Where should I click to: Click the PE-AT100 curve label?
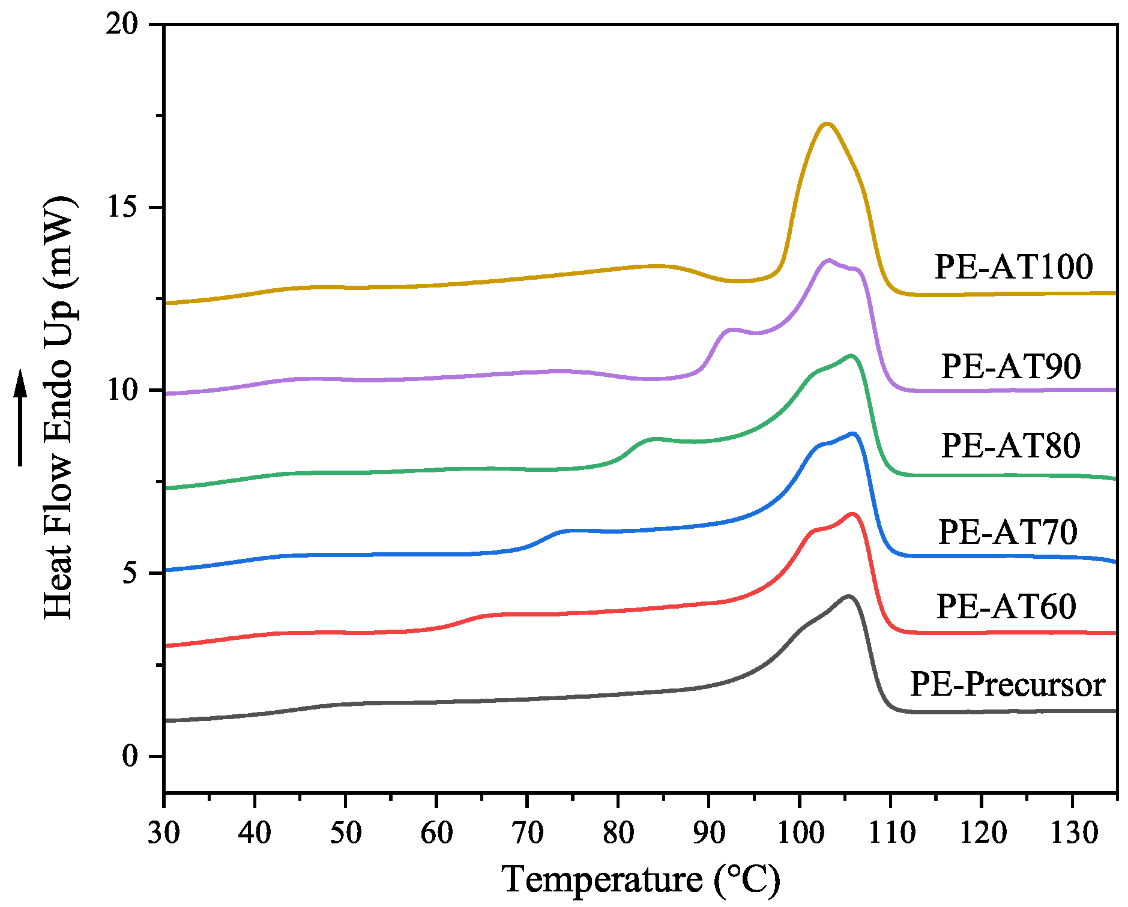(1013, 267)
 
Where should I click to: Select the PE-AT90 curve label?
(1011, 366)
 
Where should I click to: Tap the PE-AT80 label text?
(1010, 445)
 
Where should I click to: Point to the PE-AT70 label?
(1007, 532)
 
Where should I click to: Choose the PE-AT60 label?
(1006, 606)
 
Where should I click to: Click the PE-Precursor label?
(1007, 684)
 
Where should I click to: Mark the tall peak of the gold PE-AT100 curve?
(827, 124)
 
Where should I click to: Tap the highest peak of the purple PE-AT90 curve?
(829, 261)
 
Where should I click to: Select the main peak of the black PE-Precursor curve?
(848, 596)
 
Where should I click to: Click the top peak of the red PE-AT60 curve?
(851, 514)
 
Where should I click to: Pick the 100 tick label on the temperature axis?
(799, 833)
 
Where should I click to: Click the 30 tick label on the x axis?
(164, 833)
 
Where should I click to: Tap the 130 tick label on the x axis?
(1073, 833)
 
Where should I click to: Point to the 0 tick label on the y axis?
(130, 756)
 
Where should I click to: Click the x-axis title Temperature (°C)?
(641, 880)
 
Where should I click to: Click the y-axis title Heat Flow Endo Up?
(59, 408)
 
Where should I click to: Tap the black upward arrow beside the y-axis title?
(21, 417)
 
